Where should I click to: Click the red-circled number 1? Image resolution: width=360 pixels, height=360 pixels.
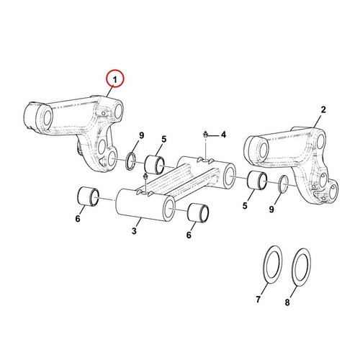pos(115,79)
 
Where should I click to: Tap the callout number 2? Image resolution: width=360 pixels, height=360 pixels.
pos(323,110)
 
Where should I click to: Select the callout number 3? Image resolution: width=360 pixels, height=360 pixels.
pos(134,231)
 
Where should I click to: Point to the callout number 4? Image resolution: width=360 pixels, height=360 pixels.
pos(223,135)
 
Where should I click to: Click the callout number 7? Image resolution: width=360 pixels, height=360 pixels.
pos(258,300)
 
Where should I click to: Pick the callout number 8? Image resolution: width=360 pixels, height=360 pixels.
pos(287,302)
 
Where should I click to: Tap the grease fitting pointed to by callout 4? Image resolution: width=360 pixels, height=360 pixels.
pos(205,135)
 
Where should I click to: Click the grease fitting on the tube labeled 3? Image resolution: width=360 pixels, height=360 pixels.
pos(145,177)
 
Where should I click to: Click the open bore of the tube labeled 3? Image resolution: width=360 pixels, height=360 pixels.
pos(169,208)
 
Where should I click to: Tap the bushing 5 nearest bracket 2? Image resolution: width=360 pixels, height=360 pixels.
pos(257,181)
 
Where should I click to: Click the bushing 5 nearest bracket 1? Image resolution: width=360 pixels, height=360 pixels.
pos(155,164)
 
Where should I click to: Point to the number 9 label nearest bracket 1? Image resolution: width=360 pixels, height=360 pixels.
pos(141,135)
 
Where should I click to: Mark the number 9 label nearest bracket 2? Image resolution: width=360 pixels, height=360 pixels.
pos(271,210)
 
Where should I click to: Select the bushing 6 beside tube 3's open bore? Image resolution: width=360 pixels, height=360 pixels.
pos(199,212)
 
